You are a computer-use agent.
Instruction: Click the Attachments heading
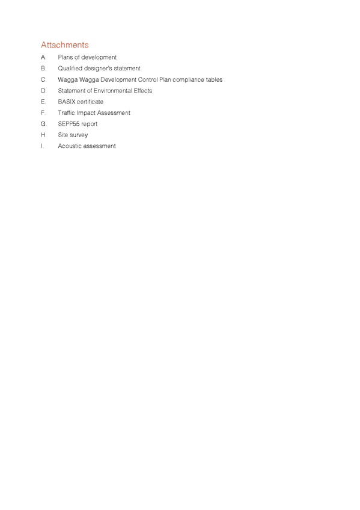coord(65,45)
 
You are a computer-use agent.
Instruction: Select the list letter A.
coord(43,57)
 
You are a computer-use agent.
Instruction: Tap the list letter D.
coord(43,90)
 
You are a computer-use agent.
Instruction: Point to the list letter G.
coord(44,124)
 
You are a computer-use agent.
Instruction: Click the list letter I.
coord(42,146)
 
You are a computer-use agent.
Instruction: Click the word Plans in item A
coord(66,57)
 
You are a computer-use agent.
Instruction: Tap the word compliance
coord(188,79)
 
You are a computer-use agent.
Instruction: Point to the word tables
coord(214,79)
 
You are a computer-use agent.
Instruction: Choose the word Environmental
coord(114,90)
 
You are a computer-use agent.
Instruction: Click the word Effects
coord(143,90)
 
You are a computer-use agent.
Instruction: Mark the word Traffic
coord(66,112)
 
